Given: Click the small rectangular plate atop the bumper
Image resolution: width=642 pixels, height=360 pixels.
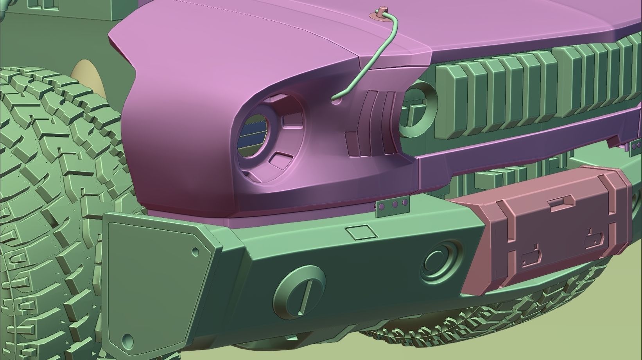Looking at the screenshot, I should [x=362, y=232].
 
